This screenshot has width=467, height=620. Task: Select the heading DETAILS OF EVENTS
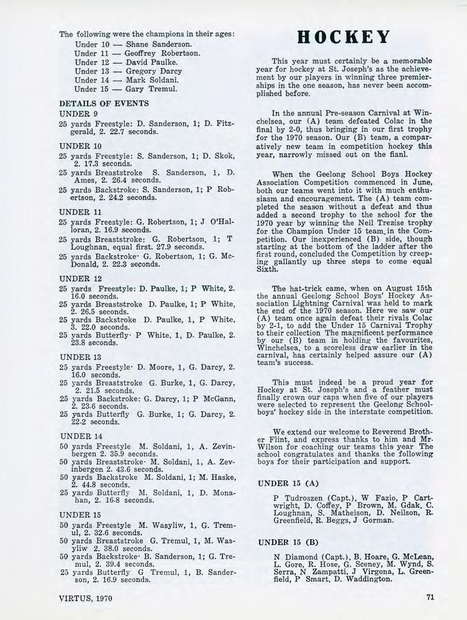pos(104,103)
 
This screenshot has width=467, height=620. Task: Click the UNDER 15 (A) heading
pos(287,484)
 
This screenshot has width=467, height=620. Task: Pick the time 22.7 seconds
pos(134,131)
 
